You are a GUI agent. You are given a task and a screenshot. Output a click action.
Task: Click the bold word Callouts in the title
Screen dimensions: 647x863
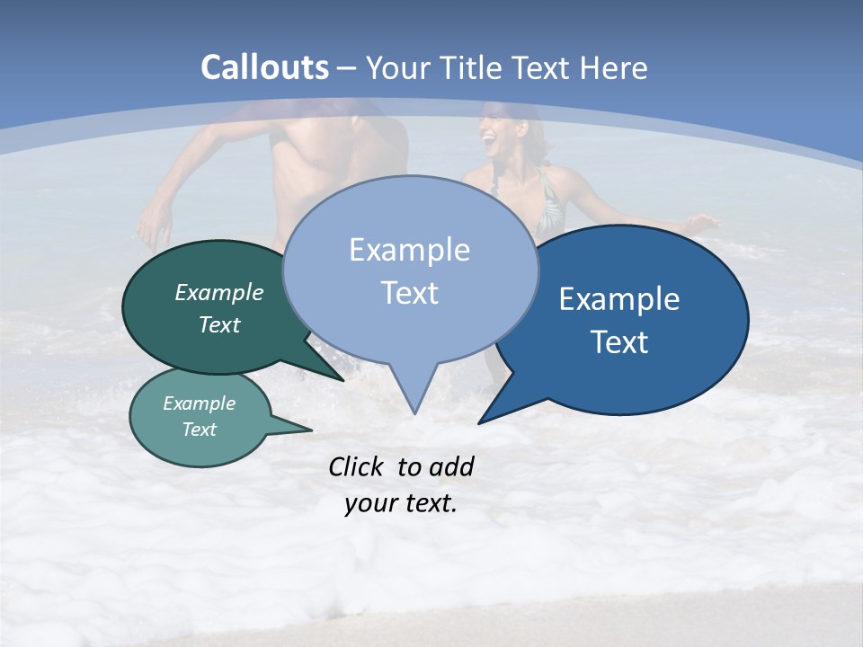(x=264, y=67)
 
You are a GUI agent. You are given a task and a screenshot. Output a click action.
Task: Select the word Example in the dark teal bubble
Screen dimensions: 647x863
(x=219, y=292)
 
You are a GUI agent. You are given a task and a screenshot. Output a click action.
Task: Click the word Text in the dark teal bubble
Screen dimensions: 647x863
(x=219, y=324)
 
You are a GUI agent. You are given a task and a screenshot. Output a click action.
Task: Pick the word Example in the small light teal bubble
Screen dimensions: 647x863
(x=199, y=403)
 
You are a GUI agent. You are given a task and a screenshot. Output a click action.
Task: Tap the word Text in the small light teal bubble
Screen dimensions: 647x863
(x=199, y=430)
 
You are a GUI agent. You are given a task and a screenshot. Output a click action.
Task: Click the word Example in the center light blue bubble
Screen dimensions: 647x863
(x=409, y=250)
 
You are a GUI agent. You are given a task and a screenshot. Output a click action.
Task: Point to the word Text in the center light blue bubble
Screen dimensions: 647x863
(x=409, y=293)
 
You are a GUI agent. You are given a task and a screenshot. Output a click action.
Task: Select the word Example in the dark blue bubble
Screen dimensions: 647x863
(x=619, y=299)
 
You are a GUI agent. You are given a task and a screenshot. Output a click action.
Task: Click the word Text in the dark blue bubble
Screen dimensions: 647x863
(x=619, y=342)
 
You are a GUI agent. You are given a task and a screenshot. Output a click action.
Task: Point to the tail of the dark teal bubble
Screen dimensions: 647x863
(x=333, y=372)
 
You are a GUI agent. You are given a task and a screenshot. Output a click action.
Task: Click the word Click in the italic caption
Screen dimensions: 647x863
(x=356, y=467)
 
